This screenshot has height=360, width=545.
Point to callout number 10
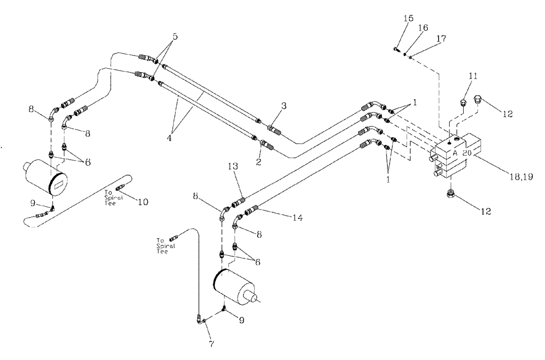(x=142, y=201)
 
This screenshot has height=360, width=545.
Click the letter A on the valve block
(x=454, y=154)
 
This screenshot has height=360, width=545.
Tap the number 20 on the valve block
(x=467, y=154)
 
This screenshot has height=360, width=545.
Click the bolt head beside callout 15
(x=395, y=50)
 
